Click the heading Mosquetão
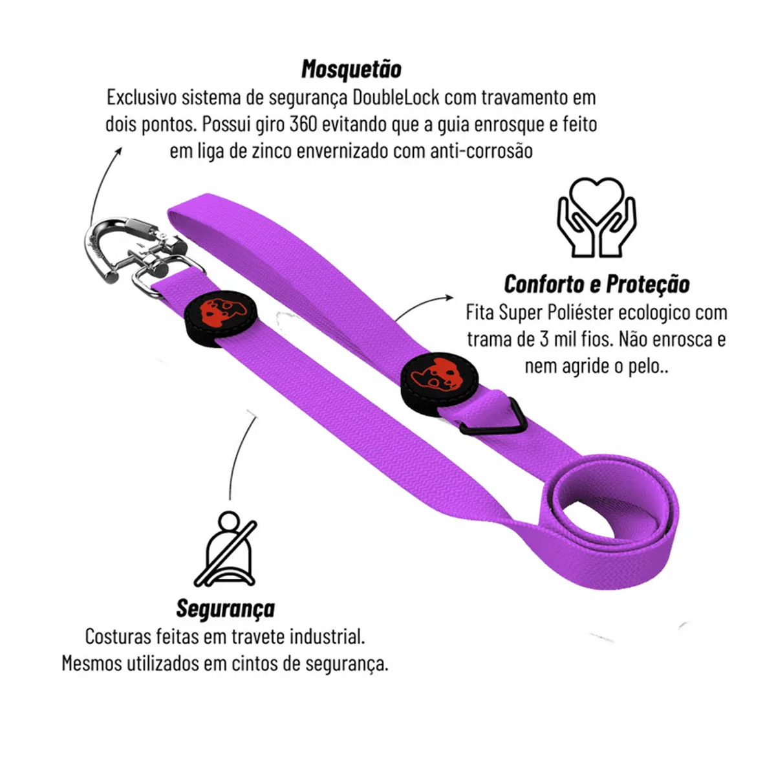351,69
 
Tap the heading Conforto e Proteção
596,284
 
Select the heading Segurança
225,609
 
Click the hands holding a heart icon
596,217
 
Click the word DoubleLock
396,98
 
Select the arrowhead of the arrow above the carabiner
118,150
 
